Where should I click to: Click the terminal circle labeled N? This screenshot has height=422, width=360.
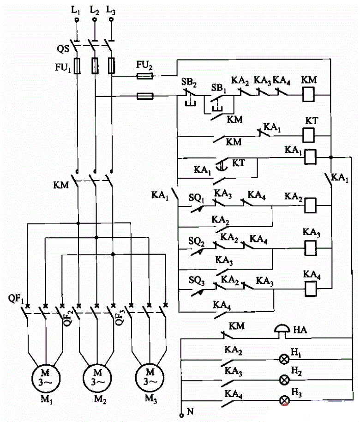[x=181, y=416]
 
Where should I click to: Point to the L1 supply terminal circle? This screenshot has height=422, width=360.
[x=77, y=20]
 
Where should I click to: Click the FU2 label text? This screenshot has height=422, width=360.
[x=144, y=65]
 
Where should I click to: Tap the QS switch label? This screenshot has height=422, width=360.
[x=63, y=49]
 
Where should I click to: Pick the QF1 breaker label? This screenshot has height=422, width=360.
[x=16, y=299]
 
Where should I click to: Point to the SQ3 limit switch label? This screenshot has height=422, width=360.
[x=197, y=280]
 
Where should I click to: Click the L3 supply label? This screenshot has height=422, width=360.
[x=111, y=10]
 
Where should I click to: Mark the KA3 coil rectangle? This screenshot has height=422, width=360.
[x=311, y=247]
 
